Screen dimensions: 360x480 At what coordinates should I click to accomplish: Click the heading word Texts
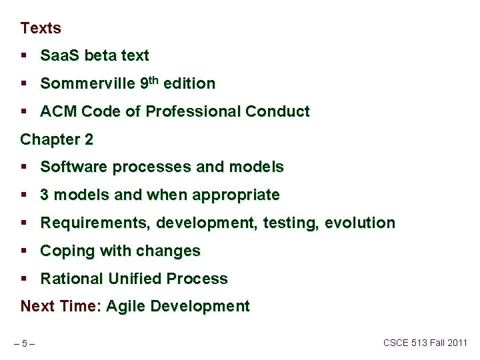(x=41, y=28)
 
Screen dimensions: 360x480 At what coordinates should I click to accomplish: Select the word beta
(x=102, y=56)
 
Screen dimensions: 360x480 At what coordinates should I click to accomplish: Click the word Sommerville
(x=87, y=84)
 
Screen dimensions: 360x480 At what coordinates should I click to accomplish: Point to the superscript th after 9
(x=154, y=80)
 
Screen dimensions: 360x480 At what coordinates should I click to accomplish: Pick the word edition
(x=189, y=84)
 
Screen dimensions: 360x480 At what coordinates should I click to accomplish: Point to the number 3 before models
(x=45, y=195)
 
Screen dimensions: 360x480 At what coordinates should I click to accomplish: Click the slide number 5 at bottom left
(x=24, y=344)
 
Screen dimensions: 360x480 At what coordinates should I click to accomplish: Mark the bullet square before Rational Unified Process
(x=24, y=279)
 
